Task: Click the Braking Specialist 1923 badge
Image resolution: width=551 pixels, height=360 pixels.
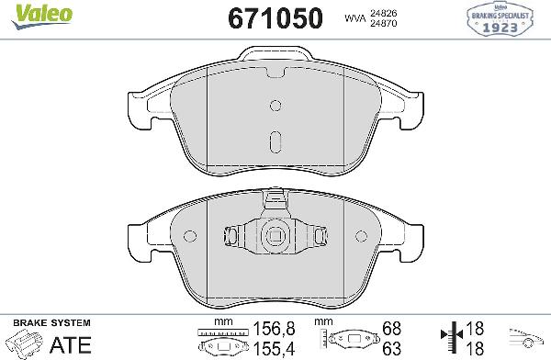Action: coord(502,22)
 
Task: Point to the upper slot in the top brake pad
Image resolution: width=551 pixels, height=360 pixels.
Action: coord(275,106)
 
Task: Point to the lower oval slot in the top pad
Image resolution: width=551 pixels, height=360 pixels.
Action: coord(275,143)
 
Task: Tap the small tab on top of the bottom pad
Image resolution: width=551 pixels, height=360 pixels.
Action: coord(275,198)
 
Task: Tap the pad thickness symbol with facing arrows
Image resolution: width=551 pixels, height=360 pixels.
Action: coord(449,341)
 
